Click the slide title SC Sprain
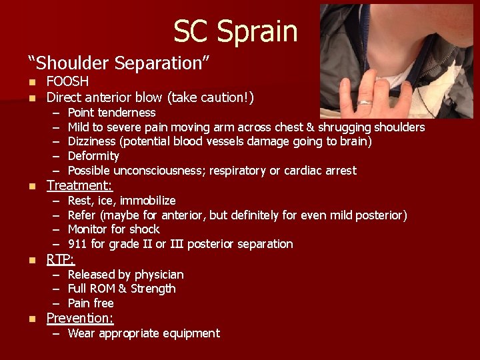click(235, 31)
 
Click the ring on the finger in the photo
click(365, 103)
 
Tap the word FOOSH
click(67, 81)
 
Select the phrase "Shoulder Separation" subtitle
click(119, 63)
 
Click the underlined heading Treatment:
click(79, 185)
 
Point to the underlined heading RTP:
click(60, 259)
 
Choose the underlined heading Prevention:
click(80, 318)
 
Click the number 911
click(77, 244)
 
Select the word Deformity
click(93, 156)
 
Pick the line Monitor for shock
click(113, 229)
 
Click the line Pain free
click(91, 303)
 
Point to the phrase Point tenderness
click(111, 113)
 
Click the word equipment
click(192, 333)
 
